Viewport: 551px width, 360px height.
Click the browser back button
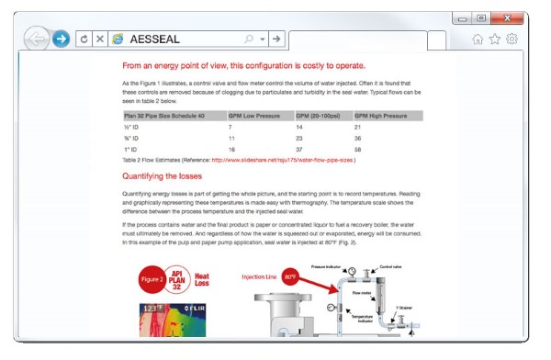tap(37, 39)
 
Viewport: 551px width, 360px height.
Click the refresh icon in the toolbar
tap(84, 39)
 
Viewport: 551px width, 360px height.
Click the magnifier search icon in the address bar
tap(249, 39)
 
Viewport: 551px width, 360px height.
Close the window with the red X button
tap(507, 18)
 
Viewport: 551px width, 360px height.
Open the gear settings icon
tap(512, 39)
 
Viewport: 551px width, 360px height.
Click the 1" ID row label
tap(131, 148)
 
